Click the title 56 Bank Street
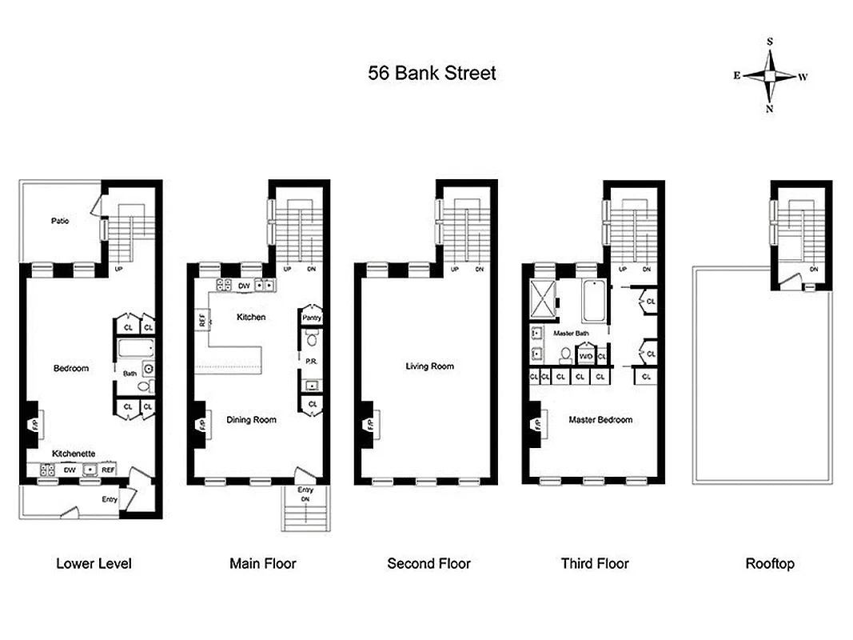pyautogui.click(x=432, y=73)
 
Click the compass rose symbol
pyautogui.click(x=769, y=75)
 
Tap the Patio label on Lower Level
pyautogui.click(x=59, y=220)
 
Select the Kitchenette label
pyautogui.click(x=74, y=453)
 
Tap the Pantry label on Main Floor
pyautogui.click(x=311, y=318)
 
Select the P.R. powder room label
pyautogui.click(x=311, y=361)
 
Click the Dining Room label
pyautogui.click(x=252, y=420)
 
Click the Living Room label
pyautogui.click(x=429, y=366)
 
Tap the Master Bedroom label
pyautogui.click(x=600, y=419)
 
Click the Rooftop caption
pyautogui.click(x=770, y=563)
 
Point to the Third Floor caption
pyautogui.click(x=595, y=563)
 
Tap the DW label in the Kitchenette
pyautogui.click(x=70, y=470)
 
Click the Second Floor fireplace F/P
pyautogui.click(x=370, y=424)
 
